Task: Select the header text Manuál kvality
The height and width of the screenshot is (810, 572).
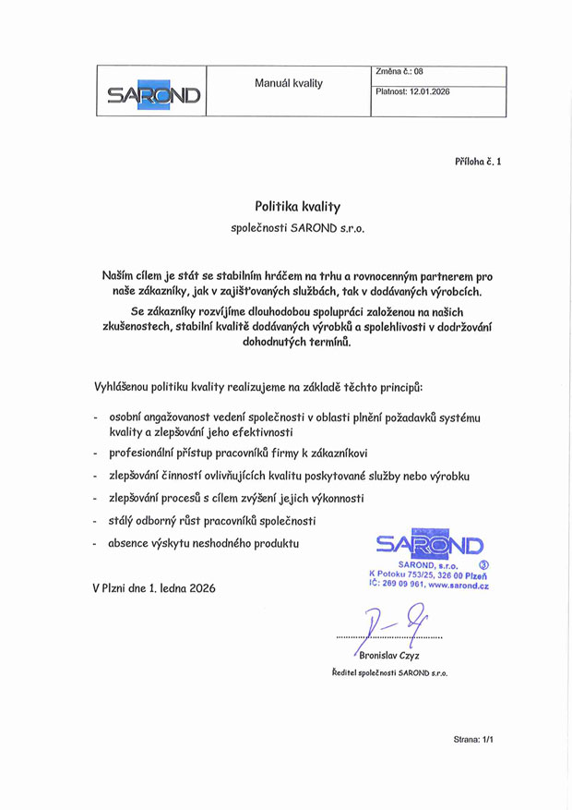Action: click(289, 83)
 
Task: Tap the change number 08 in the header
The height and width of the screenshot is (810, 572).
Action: click(418, 71)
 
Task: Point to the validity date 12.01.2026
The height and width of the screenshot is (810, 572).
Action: click(430, 91)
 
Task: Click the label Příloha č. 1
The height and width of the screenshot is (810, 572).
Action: click(478, 162)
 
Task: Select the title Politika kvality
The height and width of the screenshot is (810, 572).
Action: click(297, 207)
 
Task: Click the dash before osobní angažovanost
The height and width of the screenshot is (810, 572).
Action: click(97, 418)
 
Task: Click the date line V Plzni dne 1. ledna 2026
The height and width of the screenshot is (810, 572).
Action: click(154, 587)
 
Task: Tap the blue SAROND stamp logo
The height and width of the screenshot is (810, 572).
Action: click(430, 545)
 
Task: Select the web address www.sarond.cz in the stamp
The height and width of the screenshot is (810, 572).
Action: click(459, 585)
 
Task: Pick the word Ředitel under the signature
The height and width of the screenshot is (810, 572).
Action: click(346, 673)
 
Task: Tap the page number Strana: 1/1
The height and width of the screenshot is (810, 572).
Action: click(474, 740)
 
